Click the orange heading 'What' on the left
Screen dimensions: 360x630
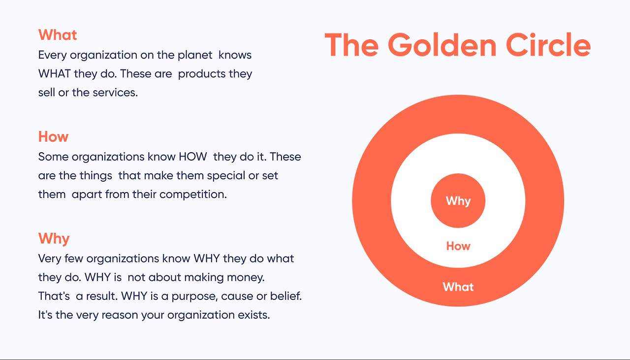click(58, 35)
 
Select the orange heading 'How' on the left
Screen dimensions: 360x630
click(53, 136)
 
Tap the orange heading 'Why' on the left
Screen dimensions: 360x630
click(54, 238)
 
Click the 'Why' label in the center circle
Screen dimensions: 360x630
click(458, 201)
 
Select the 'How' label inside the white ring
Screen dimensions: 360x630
click(458, 246)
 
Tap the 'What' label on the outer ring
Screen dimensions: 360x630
click(458, 287)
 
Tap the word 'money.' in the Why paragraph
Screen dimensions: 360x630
click(246, 277)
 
